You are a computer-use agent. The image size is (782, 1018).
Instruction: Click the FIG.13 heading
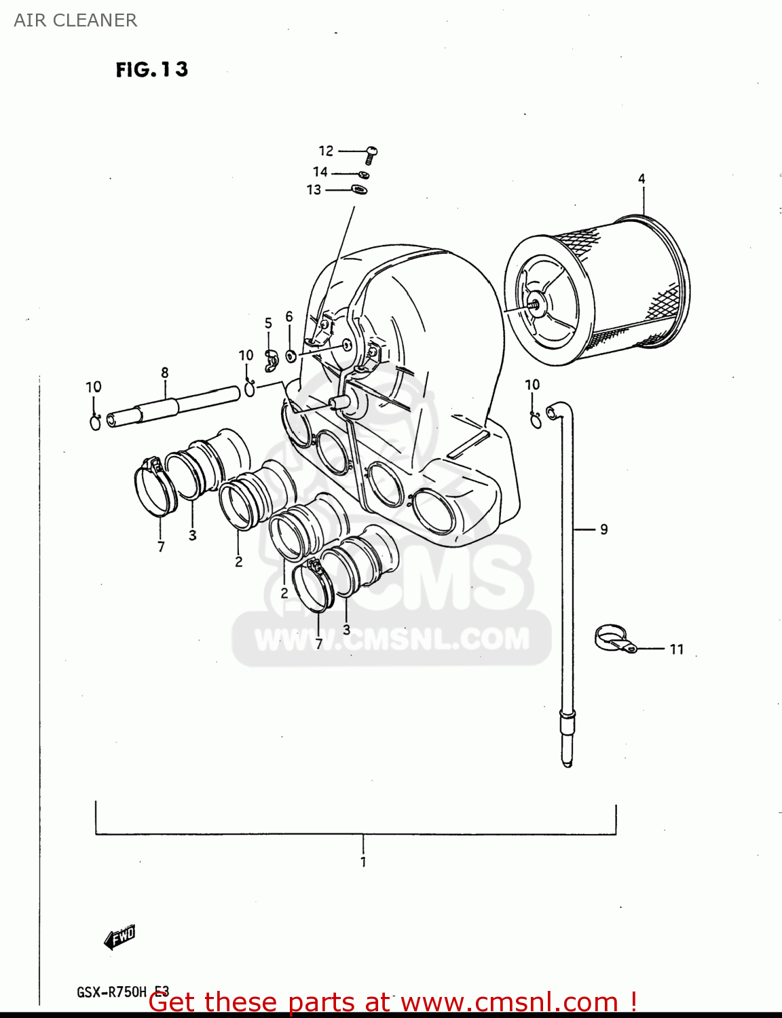pyautogui.click(x=151, y=69)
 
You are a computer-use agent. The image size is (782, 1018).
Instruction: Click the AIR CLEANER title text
pyautogui.click(x=75, y=20)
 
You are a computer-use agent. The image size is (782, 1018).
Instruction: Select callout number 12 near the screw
pyautogui.click(x=327, y=151)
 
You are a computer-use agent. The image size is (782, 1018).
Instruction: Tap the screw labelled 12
pyautogui.click(x=371, y=154)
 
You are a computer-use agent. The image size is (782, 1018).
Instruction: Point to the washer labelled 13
pyautogui.click(x=359, y=189)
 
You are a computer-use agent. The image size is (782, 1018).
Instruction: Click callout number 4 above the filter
pyautogui.click(x=641, y=179)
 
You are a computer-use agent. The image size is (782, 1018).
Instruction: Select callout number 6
pyautogui.click(x=289, y=317)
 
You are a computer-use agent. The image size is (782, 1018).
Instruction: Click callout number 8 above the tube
pyautogui.click(x=165, y=373)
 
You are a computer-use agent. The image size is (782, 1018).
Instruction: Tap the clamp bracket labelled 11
pyautogui.click(x=612, y=639)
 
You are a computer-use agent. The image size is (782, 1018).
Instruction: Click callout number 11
pyautogui.click(x=677, y=649)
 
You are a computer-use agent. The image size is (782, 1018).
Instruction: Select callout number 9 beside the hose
pyautogui.click(x=604, y=529)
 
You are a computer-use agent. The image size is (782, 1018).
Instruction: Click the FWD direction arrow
pyautogui.click(x=120, y=937)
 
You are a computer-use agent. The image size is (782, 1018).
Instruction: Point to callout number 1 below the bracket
pyautogui.click(x=363, y=862)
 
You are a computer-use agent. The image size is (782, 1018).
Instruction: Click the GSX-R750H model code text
pyautogui.click(x=112, y=992)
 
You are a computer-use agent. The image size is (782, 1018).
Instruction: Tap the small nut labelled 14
pyautogui.click(x=364, y=174)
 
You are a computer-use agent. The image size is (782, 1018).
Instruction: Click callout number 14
pyautogui.click(x=320, y=172)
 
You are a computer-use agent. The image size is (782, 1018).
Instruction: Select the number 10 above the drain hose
pyautogui.click(x=532, y=385)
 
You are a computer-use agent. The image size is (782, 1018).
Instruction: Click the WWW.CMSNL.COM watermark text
pyautogui.click(x=392, y=639)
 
